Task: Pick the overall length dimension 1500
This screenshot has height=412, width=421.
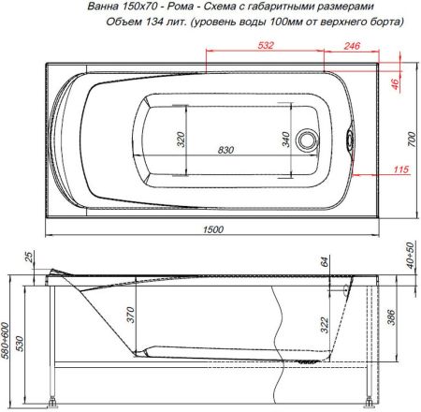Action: click(x=212, y=231)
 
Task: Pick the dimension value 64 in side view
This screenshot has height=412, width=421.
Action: click(x=324, y=267)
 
